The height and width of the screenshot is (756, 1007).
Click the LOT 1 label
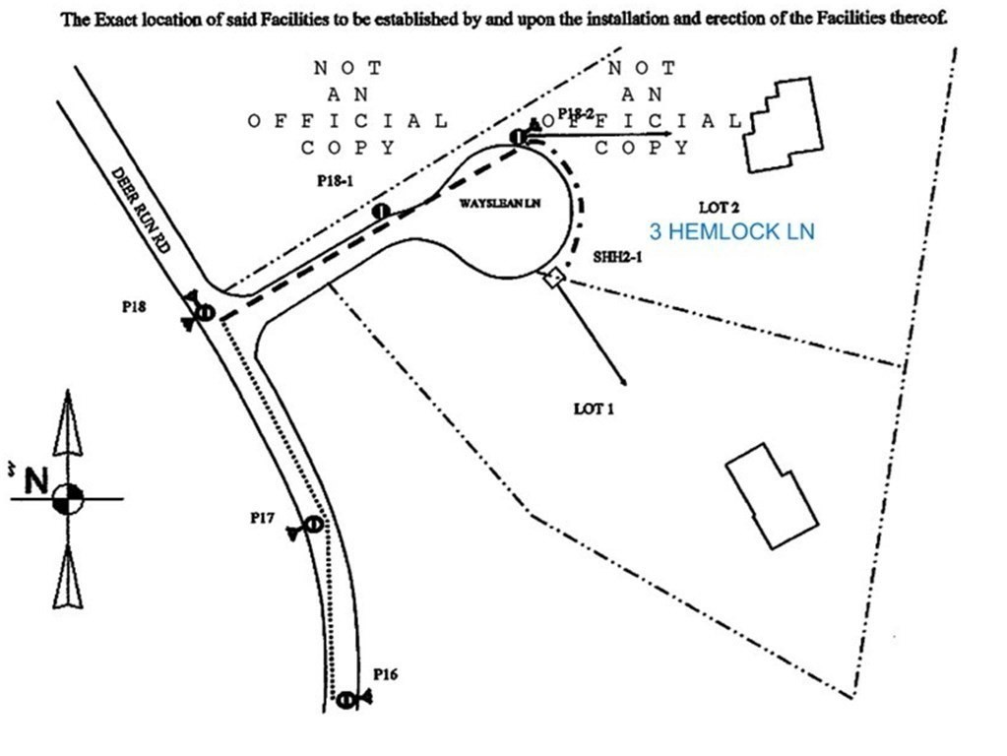(594, 408)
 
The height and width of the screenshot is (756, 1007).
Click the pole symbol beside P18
(205, 312)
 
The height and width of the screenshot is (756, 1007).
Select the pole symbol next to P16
(346, 699)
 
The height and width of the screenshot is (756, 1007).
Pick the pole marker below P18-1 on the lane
(380, 211)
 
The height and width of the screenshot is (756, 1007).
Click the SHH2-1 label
(617, 257)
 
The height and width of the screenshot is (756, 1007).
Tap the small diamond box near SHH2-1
(553, 279)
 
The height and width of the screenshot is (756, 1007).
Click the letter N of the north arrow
(36, 481)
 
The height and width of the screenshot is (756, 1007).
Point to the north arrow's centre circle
(68, 498)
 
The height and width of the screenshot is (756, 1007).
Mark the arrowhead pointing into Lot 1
(623, 381)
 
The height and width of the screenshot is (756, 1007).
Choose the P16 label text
(386, 675)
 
